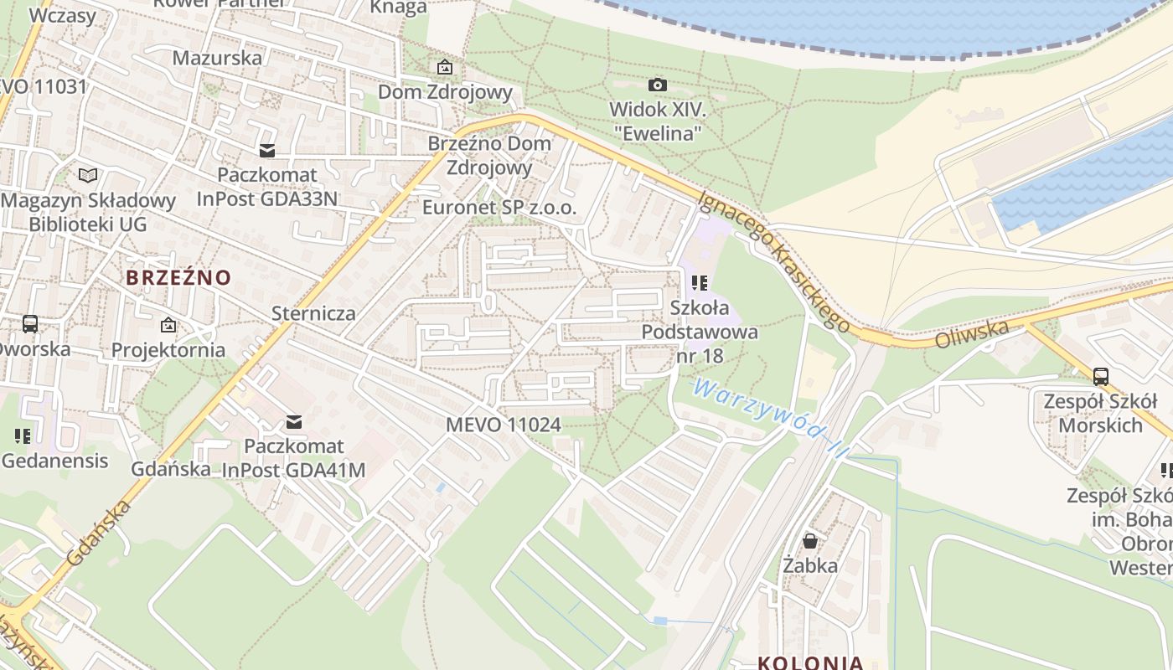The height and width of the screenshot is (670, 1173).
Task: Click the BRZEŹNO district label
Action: [178, 277]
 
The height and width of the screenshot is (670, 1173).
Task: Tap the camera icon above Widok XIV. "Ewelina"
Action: [658, 85]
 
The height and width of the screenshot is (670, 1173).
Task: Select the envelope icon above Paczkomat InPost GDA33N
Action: [267, 151]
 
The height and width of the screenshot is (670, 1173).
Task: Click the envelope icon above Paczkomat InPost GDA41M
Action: [293, 422]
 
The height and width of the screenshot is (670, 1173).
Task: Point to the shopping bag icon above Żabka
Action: [809, 541]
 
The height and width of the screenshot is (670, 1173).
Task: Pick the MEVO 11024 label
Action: [503, 425]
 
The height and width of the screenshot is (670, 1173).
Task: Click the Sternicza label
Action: [313, 313]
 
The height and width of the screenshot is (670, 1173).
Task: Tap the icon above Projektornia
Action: [168, 325]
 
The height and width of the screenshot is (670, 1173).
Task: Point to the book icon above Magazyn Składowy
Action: [88, 175]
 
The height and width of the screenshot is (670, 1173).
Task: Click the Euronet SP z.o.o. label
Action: [500, 207]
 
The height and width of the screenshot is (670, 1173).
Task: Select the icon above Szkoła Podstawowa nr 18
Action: [700, 283]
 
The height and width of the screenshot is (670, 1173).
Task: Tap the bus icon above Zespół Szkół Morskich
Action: [1101, 377]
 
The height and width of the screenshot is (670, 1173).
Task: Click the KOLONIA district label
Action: [810, 662]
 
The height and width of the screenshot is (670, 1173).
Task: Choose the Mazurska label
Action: [217, 58]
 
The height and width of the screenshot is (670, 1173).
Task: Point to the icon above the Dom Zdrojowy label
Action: [444, 67]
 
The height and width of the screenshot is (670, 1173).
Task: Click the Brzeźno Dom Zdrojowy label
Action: [489, 155]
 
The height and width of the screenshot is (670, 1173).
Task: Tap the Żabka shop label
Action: [810, 565]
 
